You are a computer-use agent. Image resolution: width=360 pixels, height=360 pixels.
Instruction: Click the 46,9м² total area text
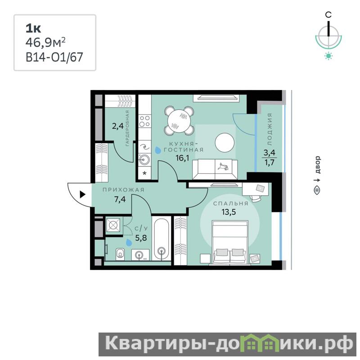[45, 42]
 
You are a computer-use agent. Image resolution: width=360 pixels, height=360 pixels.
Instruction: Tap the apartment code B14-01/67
[54, 58]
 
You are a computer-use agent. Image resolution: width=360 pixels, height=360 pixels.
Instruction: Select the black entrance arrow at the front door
[83, 194]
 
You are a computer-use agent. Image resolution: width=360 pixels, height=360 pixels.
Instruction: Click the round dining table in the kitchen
[179, 121]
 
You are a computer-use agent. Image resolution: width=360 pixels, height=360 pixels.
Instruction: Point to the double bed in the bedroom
[230, 242]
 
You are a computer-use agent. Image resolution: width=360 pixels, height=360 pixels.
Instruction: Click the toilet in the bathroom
[120, 254]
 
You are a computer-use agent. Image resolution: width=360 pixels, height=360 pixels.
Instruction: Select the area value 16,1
[182, 158]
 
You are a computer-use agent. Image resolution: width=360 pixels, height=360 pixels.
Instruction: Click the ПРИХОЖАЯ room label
[123, 190]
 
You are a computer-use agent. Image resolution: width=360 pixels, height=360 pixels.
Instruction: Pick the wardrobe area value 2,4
[118, 126]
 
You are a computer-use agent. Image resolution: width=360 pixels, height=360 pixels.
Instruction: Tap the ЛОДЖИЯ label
[270, 129]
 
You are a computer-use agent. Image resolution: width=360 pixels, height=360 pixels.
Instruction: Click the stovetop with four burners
[144, 121]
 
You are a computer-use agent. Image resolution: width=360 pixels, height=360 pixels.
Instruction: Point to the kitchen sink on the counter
[144, 159]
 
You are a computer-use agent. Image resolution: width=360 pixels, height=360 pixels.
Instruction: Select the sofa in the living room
[215, 170]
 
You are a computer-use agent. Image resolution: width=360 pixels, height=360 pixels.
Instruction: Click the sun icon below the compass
[328, 56]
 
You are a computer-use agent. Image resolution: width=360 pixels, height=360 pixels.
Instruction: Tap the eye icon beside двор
[317, 190]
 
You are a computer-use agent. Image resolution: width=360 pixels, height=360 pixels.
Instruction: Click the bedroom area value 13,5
[229, 212]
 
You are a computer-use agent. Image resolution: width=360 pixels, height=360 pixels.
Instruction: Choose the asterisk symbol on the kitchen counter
[144, 173]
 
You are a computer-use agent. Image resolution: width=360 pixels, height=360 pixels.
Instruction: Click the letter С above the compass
[328, 15]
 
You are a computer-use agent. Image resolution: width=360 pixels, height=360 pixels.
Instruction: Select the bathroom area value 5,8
[141, 238]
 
